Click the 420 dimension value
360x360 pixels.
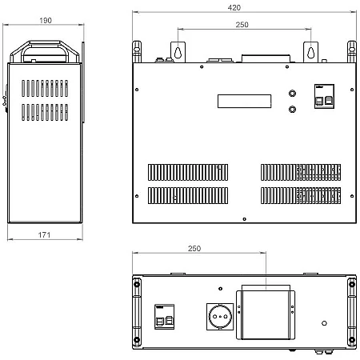[x=234, y=7]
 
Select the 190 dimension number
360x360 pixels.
[x=46, y=20]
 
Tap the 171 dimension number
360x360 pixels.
[x=44, y=234]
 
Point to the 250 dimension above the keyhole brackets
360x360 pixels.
[x=242, y=25]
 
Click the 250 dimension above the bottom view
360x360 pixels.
[x=194, y=248]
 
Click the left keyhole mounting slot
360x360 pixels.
[x=178, y=53]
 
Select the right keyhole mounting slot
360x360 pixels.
[x=310, y=53]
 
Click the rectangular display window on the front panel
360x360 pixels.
[x=244, y=101]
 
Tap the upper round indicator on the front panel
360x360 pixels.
[x=292, y=94]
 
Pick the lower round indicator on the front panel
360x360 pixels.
[x=292, y=110]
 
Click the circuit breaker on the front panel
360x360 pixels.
[x=324, y=96]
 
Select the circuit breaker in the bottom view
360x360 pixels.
[x=165, y=317]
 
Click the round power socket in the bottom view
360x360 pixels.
[x=220, y=317]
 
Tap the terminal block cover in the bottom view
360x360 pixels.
[x=266, y=315]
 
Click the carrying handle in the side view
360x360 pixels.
[x=45, y=50]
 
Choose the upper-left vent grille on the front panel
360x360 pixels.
[x=188, y=172]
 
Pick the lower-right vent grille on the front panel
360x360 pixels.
[x=301, y=195]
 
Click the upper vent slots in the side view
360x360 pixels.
[x=45, y=88]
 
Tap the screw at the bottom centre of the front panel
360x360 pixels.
[x=244, y=219]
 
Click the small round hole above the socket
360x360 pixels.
[x=220, y=289]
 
